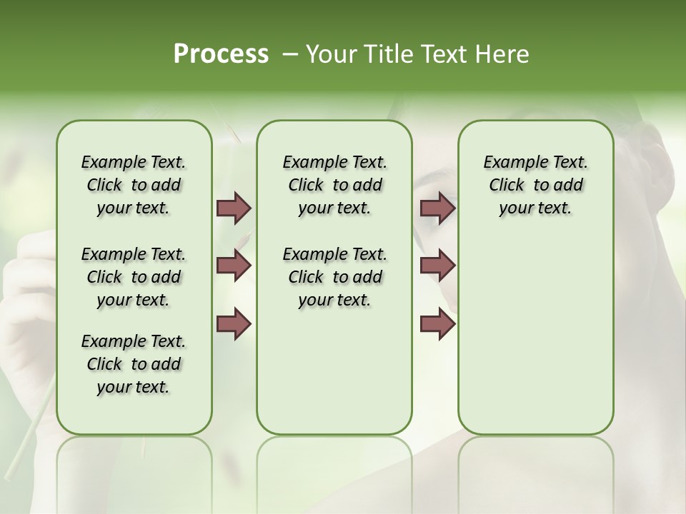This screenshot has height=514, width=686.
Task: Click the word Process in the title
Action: pyautogui.click(x=221, y=54)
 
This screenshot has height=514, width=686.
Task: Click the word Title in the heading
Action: pyautogui.click(x=385, y=54)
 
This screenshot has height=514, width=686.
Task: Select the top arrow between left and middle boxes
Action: pyautogui.click(x=234, y=208)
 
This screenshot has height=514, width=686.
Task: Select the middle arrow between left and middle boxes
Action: pyautogui.click(x=234, y=266)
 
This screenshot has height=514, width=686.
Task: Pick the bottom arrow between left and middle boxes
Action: pyautogui.click(x=234, y=323)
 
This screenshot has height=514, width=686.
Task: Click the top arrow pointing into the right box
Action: pyautogui.click(x=437, y=208)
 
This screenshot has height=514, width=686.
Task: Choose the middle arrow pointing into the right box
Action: pyautogui.click(x=437, y=266)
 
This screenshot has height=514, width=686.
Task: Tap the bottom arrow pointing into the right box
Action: pyautogui.click(x=437, y=323)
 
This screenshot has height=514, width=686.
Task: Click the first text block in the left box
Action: pyautogui.click(x=134, y=185)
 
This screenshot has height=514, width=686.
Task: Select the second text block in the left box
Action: pyautogui.click(x=134, y=277)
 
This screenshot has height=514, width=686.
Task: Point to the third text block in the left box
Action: pyautogui.click(x=134, y=364)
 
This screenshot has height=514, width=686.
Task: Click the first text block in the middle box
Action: pyautogui.click(x=334, y=185)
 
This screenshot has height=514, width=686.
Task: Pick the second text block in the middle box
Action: pyautogui.click(x=334, y=277)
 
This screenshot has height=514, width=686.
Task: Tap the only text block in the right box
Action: pyautogui.click(x=535, y=185)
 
